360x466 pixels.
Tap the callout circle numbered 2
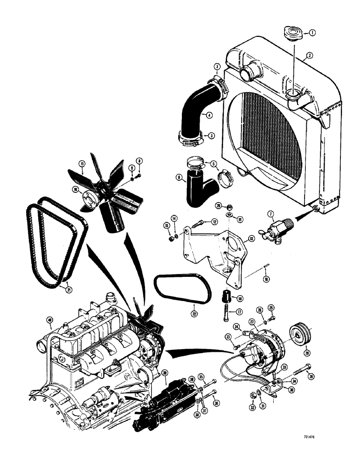(x=309, y=56)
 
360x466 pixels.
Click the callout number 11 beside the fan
(x=82, y=164)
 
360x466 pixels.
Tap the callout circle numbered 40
(x=49, y=319)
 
